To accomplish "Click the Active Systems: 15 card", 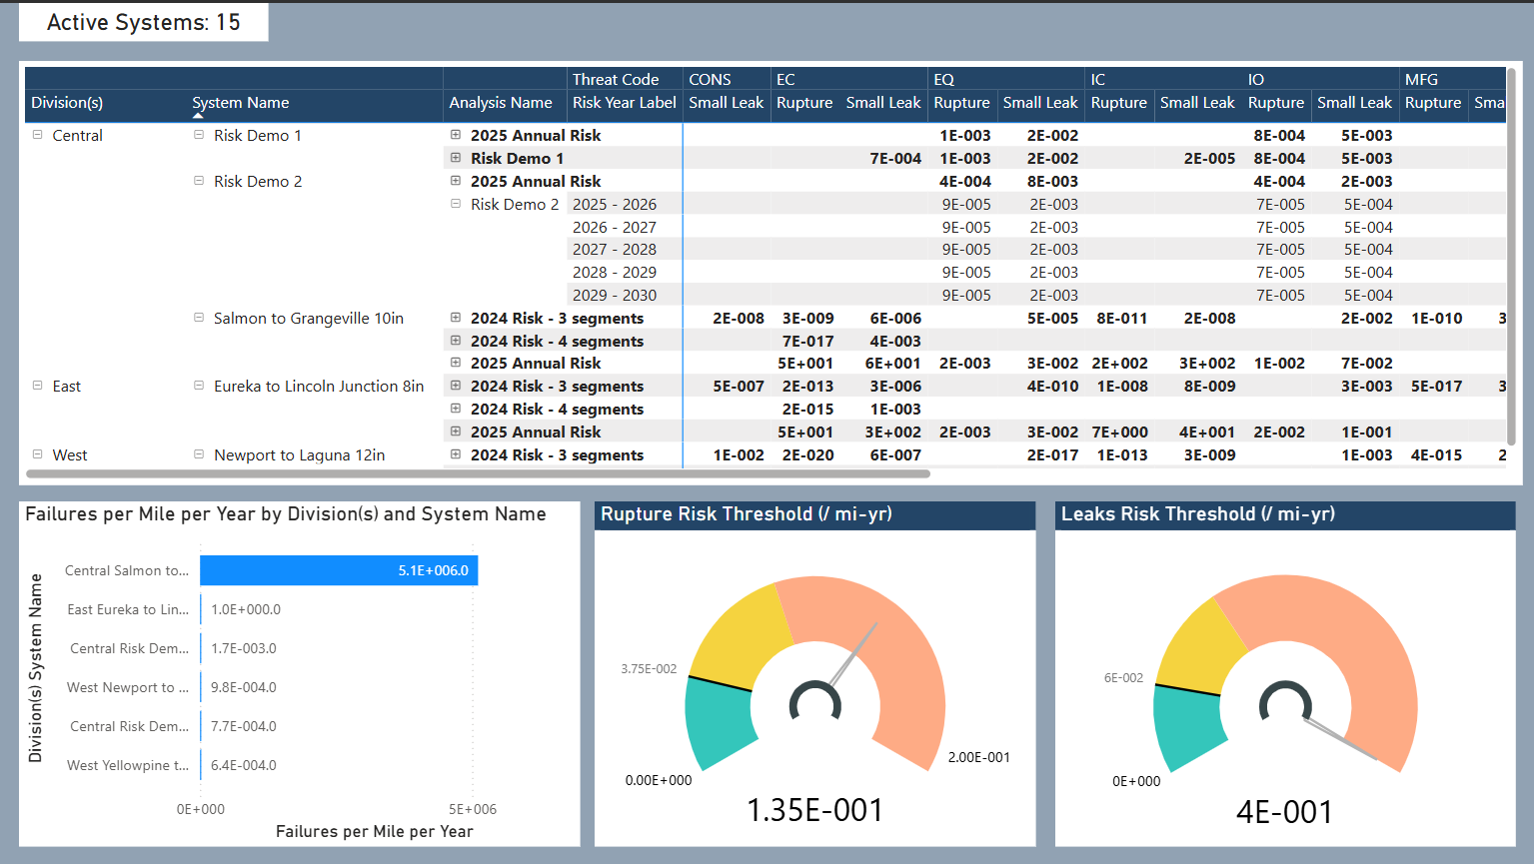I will (x=143, y=22).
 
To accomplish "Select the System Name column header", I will (x=240, y=103).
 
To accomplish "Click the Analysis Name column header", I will (x=500, y=103).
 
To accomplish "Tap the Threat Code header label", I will (x=615, y=80).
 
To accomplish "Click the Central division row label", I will (x=77, y=136).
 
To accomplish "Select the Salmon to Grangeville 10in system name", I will (x=308, y=319).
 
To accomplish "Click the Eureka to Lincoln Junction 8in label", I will (x=318, y=387).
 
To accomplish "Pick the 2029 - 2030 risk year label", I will (x=614, y=296).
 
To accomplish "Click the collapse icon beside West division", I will (x=38, y=454).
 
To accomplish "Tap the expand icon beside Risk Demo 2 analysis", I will (x=456, y=204).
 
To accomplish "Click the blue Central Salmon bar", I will (x=338, y=570).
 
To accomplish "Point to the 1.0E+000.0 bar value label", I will (x=246, y=609).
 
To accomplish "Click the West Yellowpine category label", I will (x=127, y=766).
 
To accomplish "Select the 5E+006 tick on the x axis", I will (x=472, y=809).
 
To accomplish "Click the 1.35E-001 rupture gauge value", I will (x=814, y=810).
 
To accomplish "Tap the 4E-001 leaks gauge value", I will (x=1284, y=812).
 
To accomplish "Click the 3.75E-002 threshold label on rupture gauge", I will (x=649, y=669).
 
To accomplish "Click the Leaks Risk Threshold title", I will (x=1197, y=514).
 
